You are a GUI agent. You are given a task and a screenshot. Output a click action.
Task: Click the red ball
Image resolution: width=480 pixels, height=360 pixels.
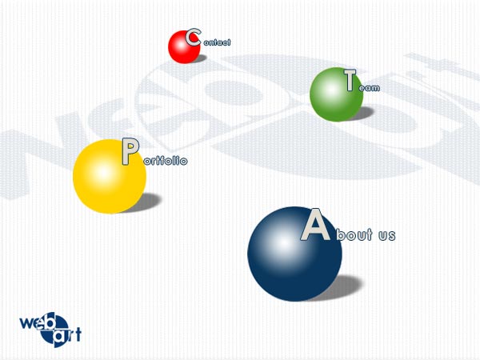pyautogui.click(x=184, y=47)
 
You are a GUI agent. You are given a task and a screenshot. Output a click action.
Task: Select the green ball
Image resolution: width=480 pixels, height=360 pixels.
pyautogui.click(x=336, y=94)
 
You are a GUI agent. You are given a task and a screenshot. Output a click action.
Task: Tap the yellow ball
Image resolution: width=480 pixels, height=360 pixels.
pyautogui.click(x=110, y=176)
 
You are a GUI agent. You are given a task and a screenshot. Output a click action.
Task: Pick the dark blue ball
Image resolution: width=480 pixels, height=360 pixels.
pyautogui.click(x=294, y=254)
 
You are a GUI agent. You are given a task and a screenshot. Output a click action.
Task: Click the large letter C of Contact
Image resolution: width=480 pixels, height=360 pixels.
pyautogui.click(x=193, y=38)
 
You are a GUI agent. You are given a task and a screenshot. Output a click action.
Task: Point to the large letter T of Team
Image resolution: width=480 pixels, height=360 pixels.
pyautogui.click(x=350, y=80)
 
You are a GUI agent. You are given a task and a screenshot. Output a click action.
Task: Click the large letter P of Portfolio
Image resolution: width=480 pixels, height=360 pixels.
pyautogui.click(x=130, y=151)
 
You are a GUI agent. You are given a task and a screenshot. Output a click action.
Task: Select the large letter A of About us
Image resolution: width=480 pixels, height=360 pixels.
pyautogui.click(x=315, y=224)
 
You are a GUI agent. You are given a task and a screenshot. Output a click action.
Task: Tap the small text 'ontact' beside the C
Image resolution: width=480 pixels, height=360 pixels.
pyautogui.click(x=217, y=42)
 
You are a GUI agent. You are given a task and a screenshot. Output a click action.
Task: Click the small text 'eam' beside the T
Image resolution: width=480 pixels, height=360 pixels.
pyautogui.click(x=369, y=88)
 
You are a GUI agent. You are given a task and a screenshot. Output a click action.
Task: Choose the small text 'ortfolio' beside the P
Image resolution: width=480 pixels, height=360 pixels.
pyautogui.click(x=166, y=161)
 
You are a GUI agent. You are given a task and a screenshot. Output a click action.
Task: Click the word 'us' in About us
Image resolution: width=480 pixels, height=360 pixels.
pyautogui.click(x=387, y=235)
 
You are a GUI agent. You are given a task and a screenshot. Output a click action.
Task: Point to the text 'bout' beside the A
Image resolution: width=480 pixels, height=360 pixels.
pyautogui.click(x=354, y=234)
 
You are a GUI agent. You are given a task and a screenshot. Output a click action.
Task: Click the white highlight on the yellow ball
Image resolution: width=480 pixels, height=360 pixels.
pyautogui.click(x=102, y=172)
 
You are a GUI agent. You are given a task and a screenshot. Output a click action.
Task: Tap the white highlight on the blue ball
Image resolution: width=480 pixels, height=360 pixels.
pyautogui.click(x=284, y=243)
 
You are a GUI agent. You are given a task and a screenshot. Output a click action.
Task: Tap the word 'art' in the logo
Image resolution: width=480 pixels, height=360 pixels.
pyautogui.click(x=67, y=334)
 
